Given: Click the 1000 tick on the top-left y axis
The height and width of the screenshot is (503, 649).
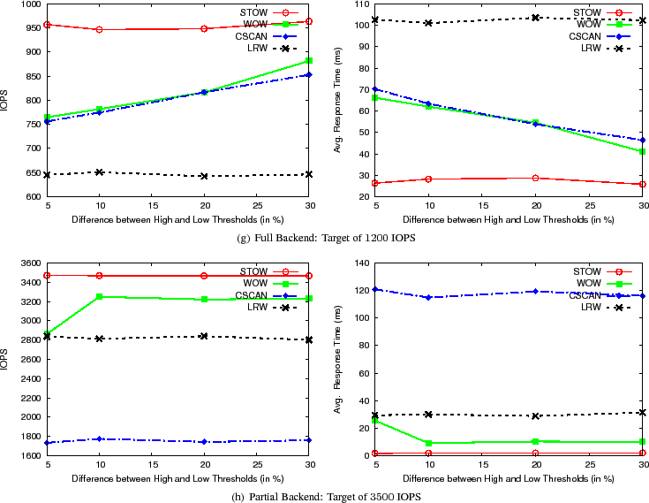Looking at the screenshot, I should (28, 4).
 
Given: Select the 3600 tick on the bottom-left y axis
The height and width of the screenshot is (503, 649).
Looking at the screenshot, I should (28, 263).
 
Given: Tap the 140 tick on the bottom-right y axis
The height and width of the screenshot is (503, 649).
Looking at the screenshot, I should (360, 263).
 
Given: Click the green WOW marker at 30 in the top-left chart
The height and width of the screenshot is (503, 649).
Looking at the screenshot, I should (308, 61).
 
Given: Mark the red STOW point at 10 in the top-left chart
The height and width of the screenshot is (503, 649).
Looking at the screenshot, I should (99, 29).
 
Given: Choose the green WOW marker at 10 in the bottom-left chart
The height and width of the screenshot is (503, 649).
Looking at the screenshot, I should (99, 297).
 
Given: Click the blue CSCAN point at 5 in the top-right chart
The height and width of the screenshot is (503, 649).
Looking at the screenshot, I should (375, 89).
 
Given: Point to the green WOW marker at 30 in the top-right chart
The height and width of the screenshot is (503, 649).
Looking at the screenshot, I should (643, 151).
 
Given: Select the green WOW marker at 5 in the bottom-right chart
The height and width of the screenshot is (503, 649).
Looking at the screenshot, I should (375, 421).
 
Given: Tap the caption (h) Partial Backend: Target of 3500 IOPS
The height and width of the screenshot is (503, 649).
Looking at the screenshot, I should (325, 496).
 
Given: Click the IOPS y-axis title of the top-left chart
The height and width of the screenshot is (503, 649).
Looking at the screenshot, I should (6, 100).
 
